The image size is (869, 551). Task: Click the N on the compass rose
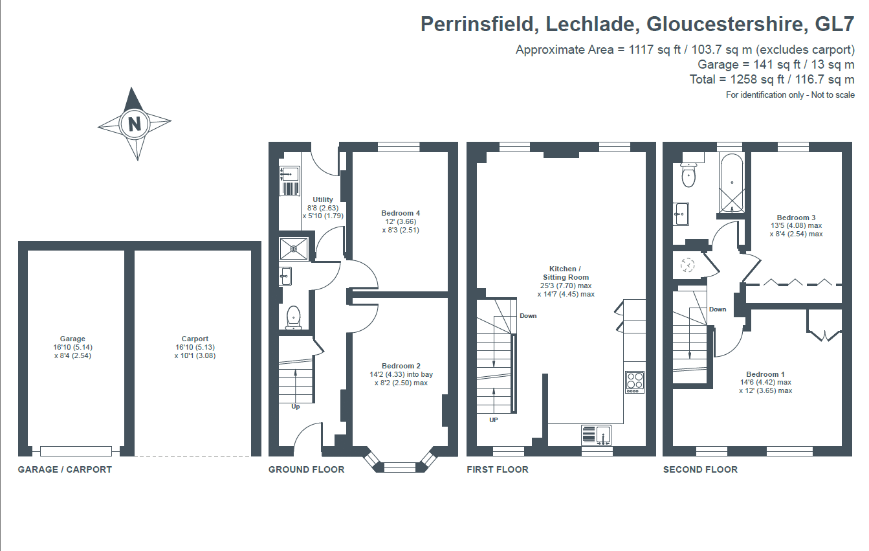[x=134, y=124]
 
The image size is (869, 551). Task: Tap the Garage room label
[x=72, y=339]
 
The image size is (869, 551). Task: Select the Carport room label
[x=195, y=339]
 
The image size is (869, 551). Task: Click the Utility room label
[x=323, y=199]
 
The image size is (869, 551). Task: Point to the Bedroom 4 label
[x=401, y=213]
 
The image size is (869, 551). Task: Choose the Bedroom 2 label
[x=401, y=366]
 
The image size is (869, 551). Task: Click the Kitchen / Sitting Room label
[x=566, y=273]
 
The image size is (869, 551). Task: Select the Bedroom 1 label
[x=765, y=374]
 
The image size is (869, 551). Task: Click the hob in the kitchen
[x=635, y=382]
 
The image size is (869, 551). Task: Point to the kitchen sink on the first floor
[x=597, y=435]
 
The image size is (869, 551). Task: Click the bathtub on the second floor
[x=732, y=183]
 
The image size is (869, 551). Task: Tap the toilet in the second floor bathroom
[x=688, y=174]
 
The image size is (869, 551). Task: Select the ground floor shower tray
[x=294, y=249]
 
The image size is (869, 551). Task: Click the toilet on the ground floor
[x=294, y=318]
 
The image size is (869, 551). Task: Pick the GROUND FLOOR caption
[x=307, y=469]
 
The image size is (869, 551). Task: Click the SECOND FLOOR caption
[x=700, y=469]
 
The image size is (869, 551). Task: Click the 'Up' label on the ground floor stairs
[x=296, y=407]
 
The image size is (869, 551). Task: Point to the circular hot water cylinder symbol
[x=687, y=265]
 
